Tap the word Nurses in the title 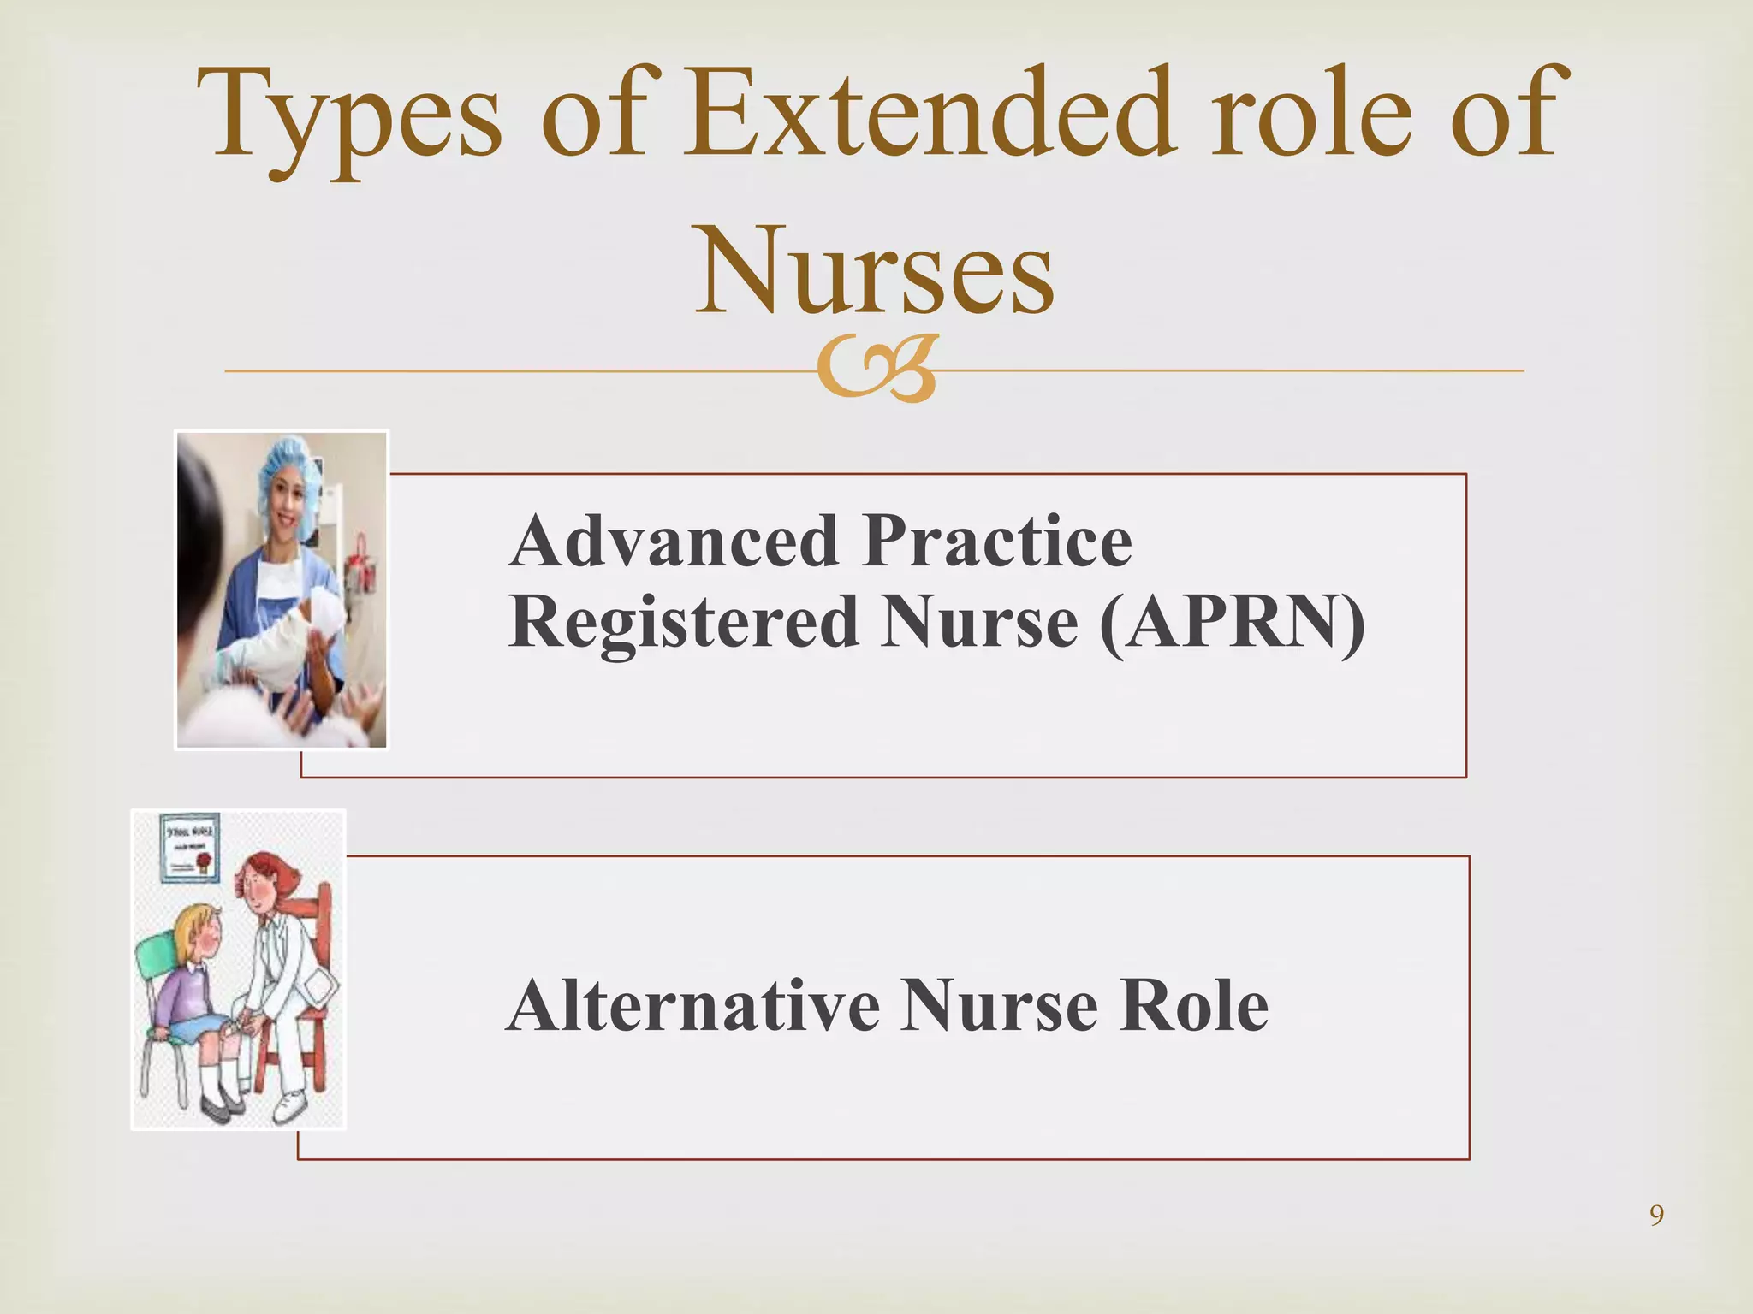coord(875,269)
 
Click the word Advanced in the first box coord(673,542)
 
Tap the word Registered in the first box coord(683,623)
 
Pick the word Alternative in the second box coord(692,1007)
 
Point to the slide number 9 coord(1656,1216)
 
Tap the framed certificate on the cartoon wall coord(189,847)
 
